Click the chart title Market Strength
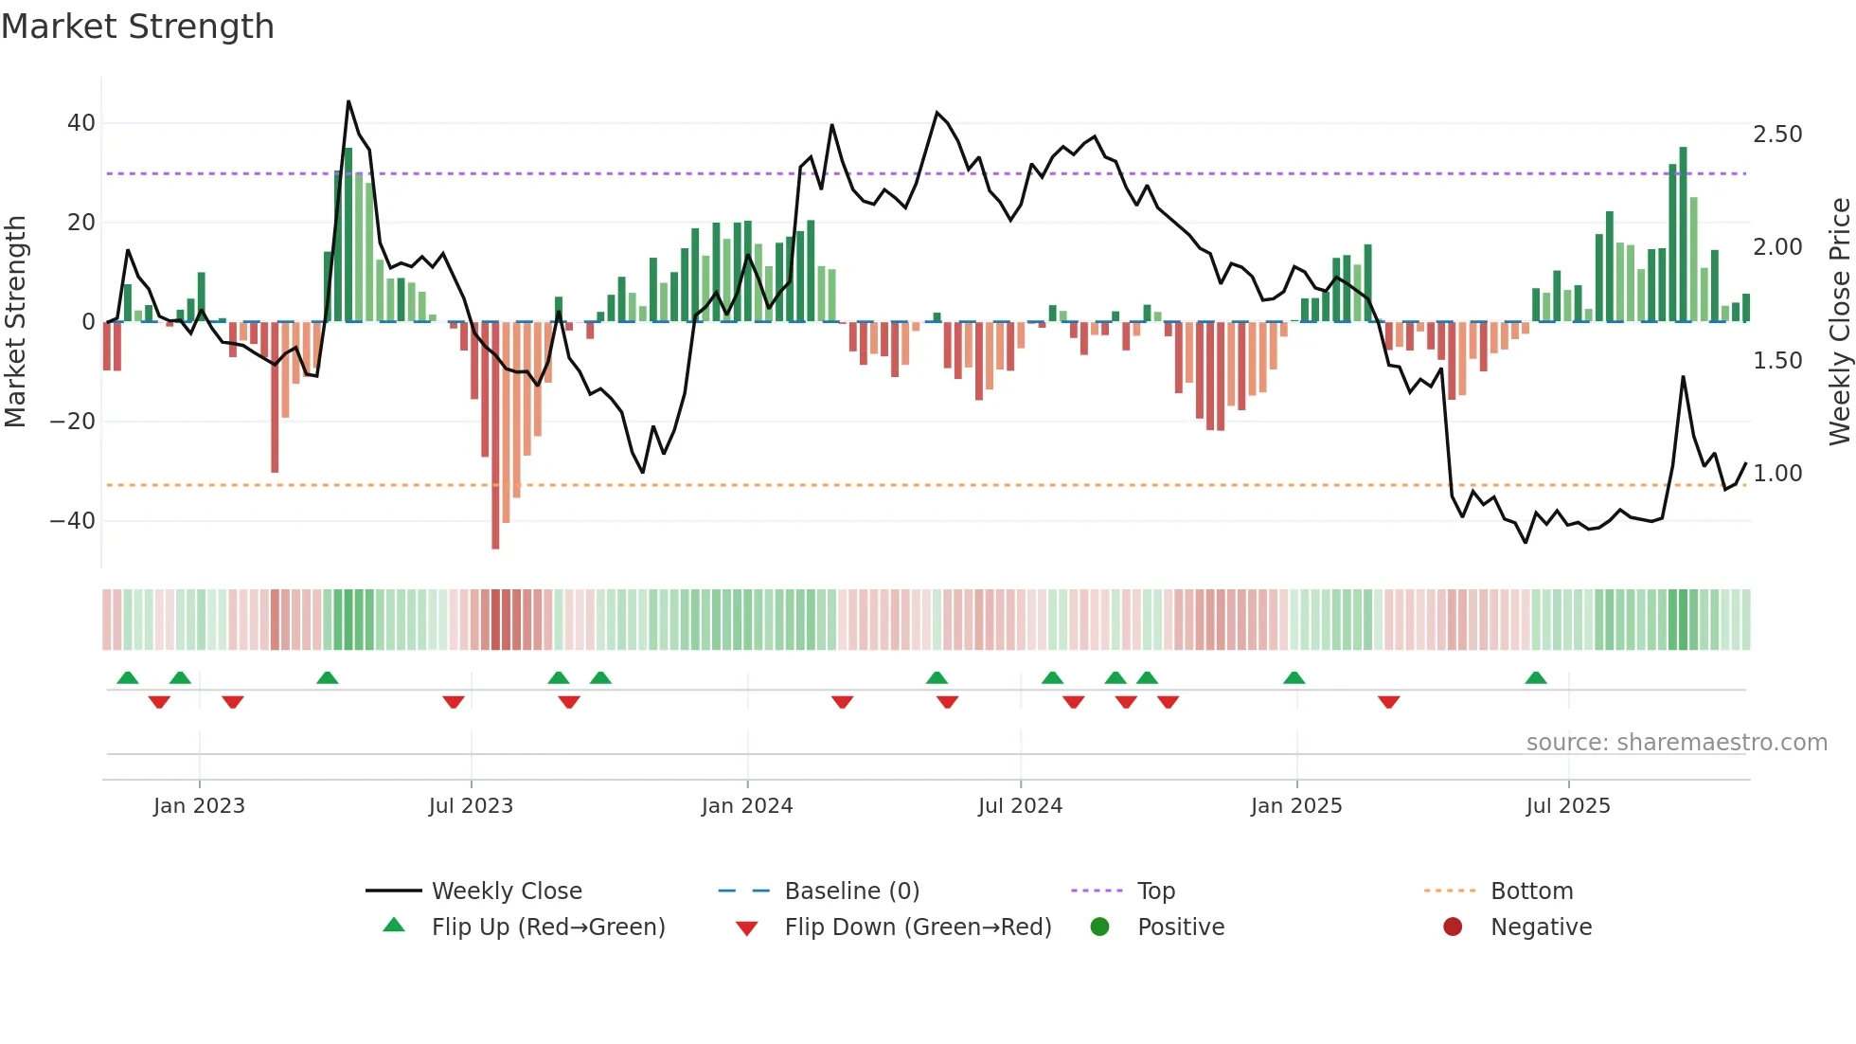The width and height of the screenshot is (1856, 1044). pyautogui.click(x=137, y=27)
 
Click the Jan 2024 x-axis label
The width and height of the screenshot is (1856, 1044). pyautogui.click(x=747, y=806)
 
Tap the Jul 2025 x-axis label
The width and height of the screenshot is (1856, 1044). pyautogui.click(x=1567, y=806)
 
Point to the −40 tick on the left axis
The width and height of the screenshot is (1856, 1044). pyautogui.click(x=73, y=521)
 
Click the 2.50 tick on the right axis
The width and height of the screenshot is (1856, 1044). pyautogui.click(x=1777, y=135)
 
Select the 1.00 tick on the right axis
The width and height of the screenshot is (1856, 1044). pyautogui.click(x=1777, y=474)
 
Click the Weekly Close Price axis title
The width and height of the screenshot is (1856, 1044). pyautogui.click(x=1839, y=322)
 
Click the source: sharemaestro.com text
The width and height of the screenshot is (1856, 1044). pyautogui.click(x=1676, y=743)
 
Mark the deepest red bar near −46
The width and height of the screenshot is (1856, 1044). pyautogui.click(x=495, y=436)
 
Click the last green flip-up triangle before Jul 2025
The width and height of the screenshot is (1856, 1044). pyautogui.click(x=1536, y=677)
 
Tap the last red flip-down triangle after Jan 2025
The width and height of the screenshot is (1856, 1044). pyautogui.click(x=1388, y=702)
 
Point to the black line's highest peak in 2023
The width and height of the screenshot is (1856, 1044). pyautogui.click(x=348, y=101)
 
